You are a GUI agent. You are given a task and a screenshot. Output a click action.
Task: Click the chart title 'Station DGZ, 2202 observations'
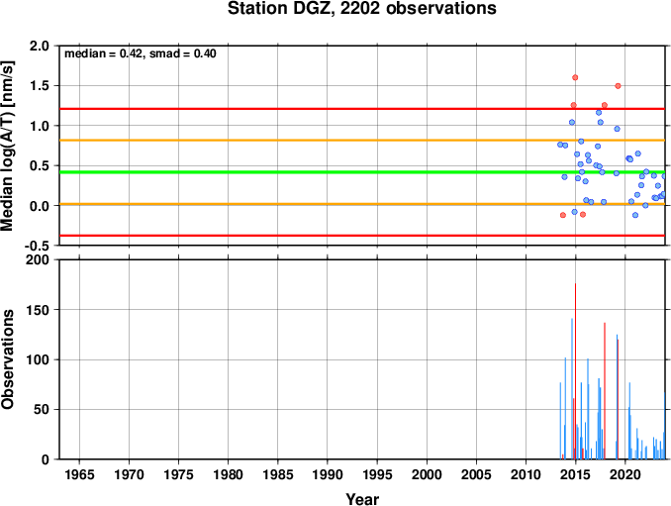pyautogui.click(x=361, y=8)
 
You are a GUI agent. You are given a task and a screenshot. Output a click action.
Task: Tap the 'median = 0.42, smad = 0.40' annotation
pyautogui.click(x=141, y=53)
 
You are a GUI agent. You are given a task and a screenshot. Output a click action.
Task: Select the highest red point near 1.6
pyautogui.click(x=575, y=77)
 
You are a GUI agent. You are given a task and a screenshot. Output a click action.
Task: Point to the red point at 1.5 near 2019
pyautogui.click(x=618, y=85)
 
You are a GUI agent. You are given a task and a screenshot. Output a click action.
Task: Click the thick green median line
pyautogui.click(x=362, y=172)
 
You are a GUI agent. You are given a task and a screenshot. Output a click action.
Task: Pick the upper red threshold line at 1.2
pyautogui.click(x=362, y=109)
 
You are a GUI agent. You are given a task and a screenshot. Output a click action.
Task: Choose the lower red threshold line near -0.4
pyautogui.click(x=362, y=236)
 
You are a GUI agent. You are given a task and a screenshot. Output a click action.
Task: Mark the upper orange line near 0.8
pyautogui.click(x=362, y=140)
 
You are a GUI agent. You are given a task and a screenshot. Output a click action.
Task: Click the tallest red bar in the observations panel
pyautogui.click(x=575, y=370)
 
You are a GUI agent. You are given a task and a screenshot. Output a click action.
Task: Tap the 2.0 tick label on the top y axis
pyautogui.click(x=40, y=46)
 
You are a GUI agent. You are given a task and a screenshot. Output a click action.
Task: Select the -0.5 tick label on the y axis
pyautogui.click(x=37, y=246)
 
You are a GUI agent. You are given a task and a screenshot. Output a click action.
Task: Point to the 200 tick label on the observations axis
pyautogui.click(x=38, y=259)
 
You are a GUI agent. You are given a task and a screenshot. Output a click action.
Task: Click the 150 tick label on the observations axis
pyautogui.click(x=38, y=310)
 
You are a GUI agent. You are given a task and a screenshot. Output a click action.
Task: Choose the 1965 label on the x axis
pyautogui.click(x=79, y=474)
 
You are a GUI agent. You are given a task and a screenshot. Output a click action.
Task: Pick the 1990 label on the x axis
pyautogui.click(x=328, y=474)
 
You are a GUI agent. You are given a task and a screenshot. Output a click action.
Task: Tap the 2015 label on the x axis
pyautogui.click(x=576, y=474)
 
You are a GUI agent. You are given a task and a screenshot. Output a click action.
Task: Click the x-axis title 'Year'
pyautogui.click(x=362, y=499)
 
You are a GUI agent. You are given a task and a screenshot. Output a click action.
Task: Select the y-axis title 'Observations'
pyautogui.click(x=8, y=359)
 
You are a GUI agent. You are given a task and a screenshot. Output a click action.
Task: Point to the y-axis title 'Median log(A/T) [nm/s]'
pyautogui.click(x=8, y=146)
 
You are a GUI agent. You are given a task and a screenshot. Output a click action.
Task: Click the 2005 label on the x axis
pyautogui.click(x=476, y=474)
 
